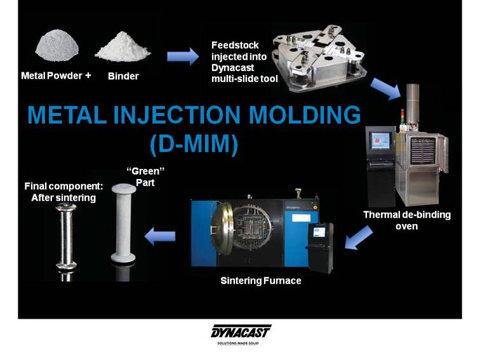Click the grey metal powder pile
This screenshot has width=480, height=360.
click(57, 46)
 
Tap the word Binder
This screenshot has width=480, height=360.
click(123, 76)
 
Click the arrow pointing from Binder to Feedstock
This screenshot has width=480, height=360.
click(183, 57)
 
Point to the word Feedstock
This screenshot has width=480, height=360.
click(235, 45)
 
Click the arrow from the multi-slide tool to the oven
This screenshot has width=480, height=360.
click(386, 89)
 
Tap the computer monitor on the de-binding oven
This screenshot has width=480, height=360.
click(380, 140)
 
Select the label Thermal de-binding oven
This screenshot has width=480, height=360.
click(407, 220)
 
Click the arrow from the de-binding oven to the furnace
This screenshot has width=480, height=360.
click(359, 237)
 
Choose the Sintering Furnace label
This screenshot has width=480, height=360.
click(261, 281)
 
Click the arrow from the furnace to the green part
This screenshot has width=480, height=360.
click(160, 236)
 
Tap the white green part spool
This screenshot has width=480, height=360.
click(123, 223)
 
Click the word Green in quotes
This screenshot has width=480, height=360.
click(145, 171)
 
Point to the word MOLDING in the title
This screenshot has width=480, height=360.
click(305, 115)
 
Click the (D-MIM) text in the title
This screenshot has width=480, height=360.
click(194, 143)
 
